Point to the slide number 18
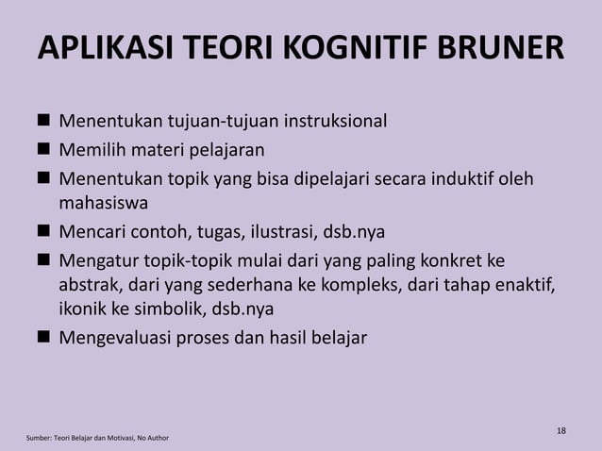click(561, 431)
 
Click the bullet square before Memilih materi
click(43, 149)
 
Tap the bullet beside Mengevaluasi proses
click(43, 336)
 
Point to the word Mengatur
click(98, 258)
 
